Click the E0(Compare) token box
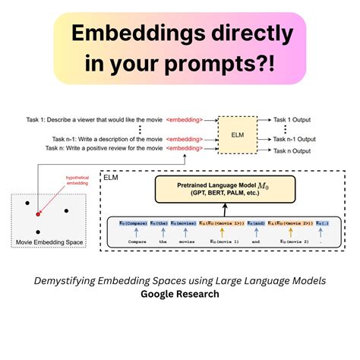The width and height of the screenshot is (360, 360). pyautogui.click(x=134, y=222)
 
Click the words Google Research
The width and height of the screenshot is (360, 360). pyautogui.click(x=180, y=294)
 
